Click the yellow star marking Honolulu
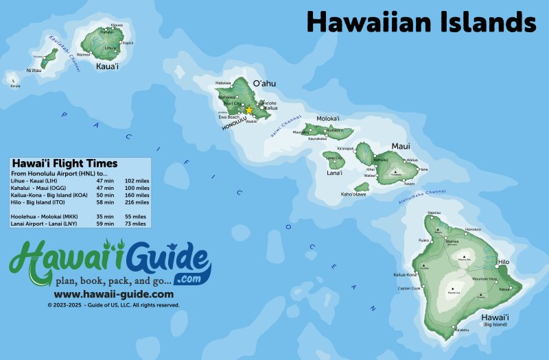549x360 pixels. click(x=249, y=110)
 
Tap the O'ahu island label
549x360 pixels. click(x=264, y=84)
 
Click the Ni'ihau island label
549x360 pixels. click(x=34, y=71)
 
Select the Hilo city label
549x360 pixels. click(x=504, y=262)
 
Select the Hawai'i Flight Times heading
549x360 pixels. click(x=65, y=163)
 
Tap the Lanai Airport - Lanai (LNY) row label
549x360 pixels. click(x=45, y=224)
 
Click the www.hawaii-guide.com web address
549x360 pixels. click(x=110, y=294)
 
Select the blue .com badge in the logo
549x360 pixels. click(x=187, y=279)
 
